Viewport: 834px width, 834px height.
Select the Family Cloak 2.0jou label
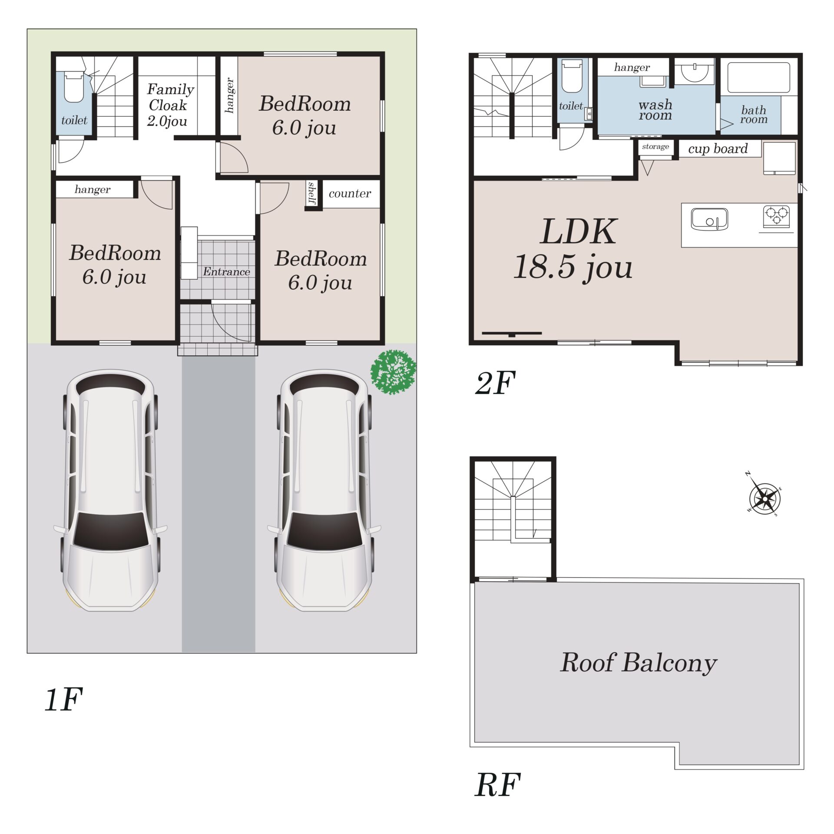(169, 105)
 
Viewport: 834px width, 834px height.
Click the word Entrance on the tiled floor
(226, 272)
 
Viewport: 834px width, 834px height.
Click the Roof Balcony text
(638, 663)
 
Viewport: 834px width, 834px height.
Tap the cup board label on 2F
(718, 149)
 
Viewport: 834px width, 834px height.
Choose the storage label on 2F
(655, 146)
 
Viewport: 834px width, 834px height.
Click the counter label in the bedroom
(350, 193)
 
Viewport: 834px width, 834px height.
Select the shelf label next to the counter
(311, 193)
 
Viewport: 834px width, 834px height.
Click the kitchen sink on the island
(709, 219)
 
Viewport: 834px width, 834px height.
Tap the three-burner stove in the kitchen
(776, 216)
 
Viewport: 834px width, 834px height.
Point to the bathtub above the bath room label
(758, 78)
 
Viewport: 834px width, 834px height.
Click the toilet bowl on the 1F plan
(73, 87)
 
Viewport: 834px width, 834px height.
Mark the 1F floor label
(63, 700)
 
